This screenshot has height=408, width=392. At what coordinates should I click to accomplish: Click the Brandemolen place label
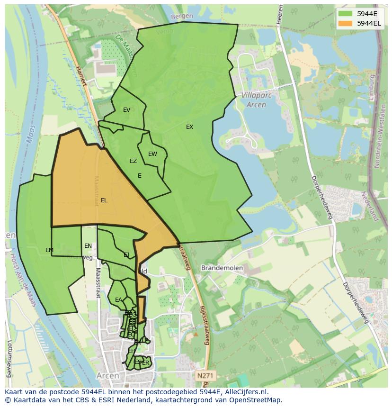222,268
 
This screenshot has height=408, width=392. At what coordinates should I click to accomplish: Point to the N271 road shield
205,375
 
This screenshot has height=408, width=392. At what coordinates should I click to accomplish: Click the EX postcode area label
189,127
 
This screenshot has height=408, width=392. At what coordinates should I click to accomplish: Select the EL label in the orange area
104,200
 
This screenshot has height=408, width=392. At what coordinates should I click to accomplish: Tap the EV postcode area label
126,110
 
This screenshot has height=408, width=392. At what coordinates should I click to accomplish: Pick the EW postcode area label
152,154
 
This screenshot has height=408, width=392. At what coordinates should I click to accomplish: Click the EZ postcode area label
133,161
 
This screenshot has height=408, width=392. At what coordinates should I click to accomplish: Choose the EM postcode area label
49,250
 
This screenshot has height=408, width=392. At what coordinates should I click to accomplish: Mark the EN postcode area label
88,246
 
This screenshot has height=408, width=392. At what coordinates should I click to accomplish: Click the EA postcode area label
118,300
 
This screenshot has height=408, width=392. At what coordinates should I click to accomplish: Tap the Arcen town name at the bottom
107,376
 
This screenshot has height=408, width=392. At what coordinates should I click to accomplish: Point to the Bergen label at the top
182,16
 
